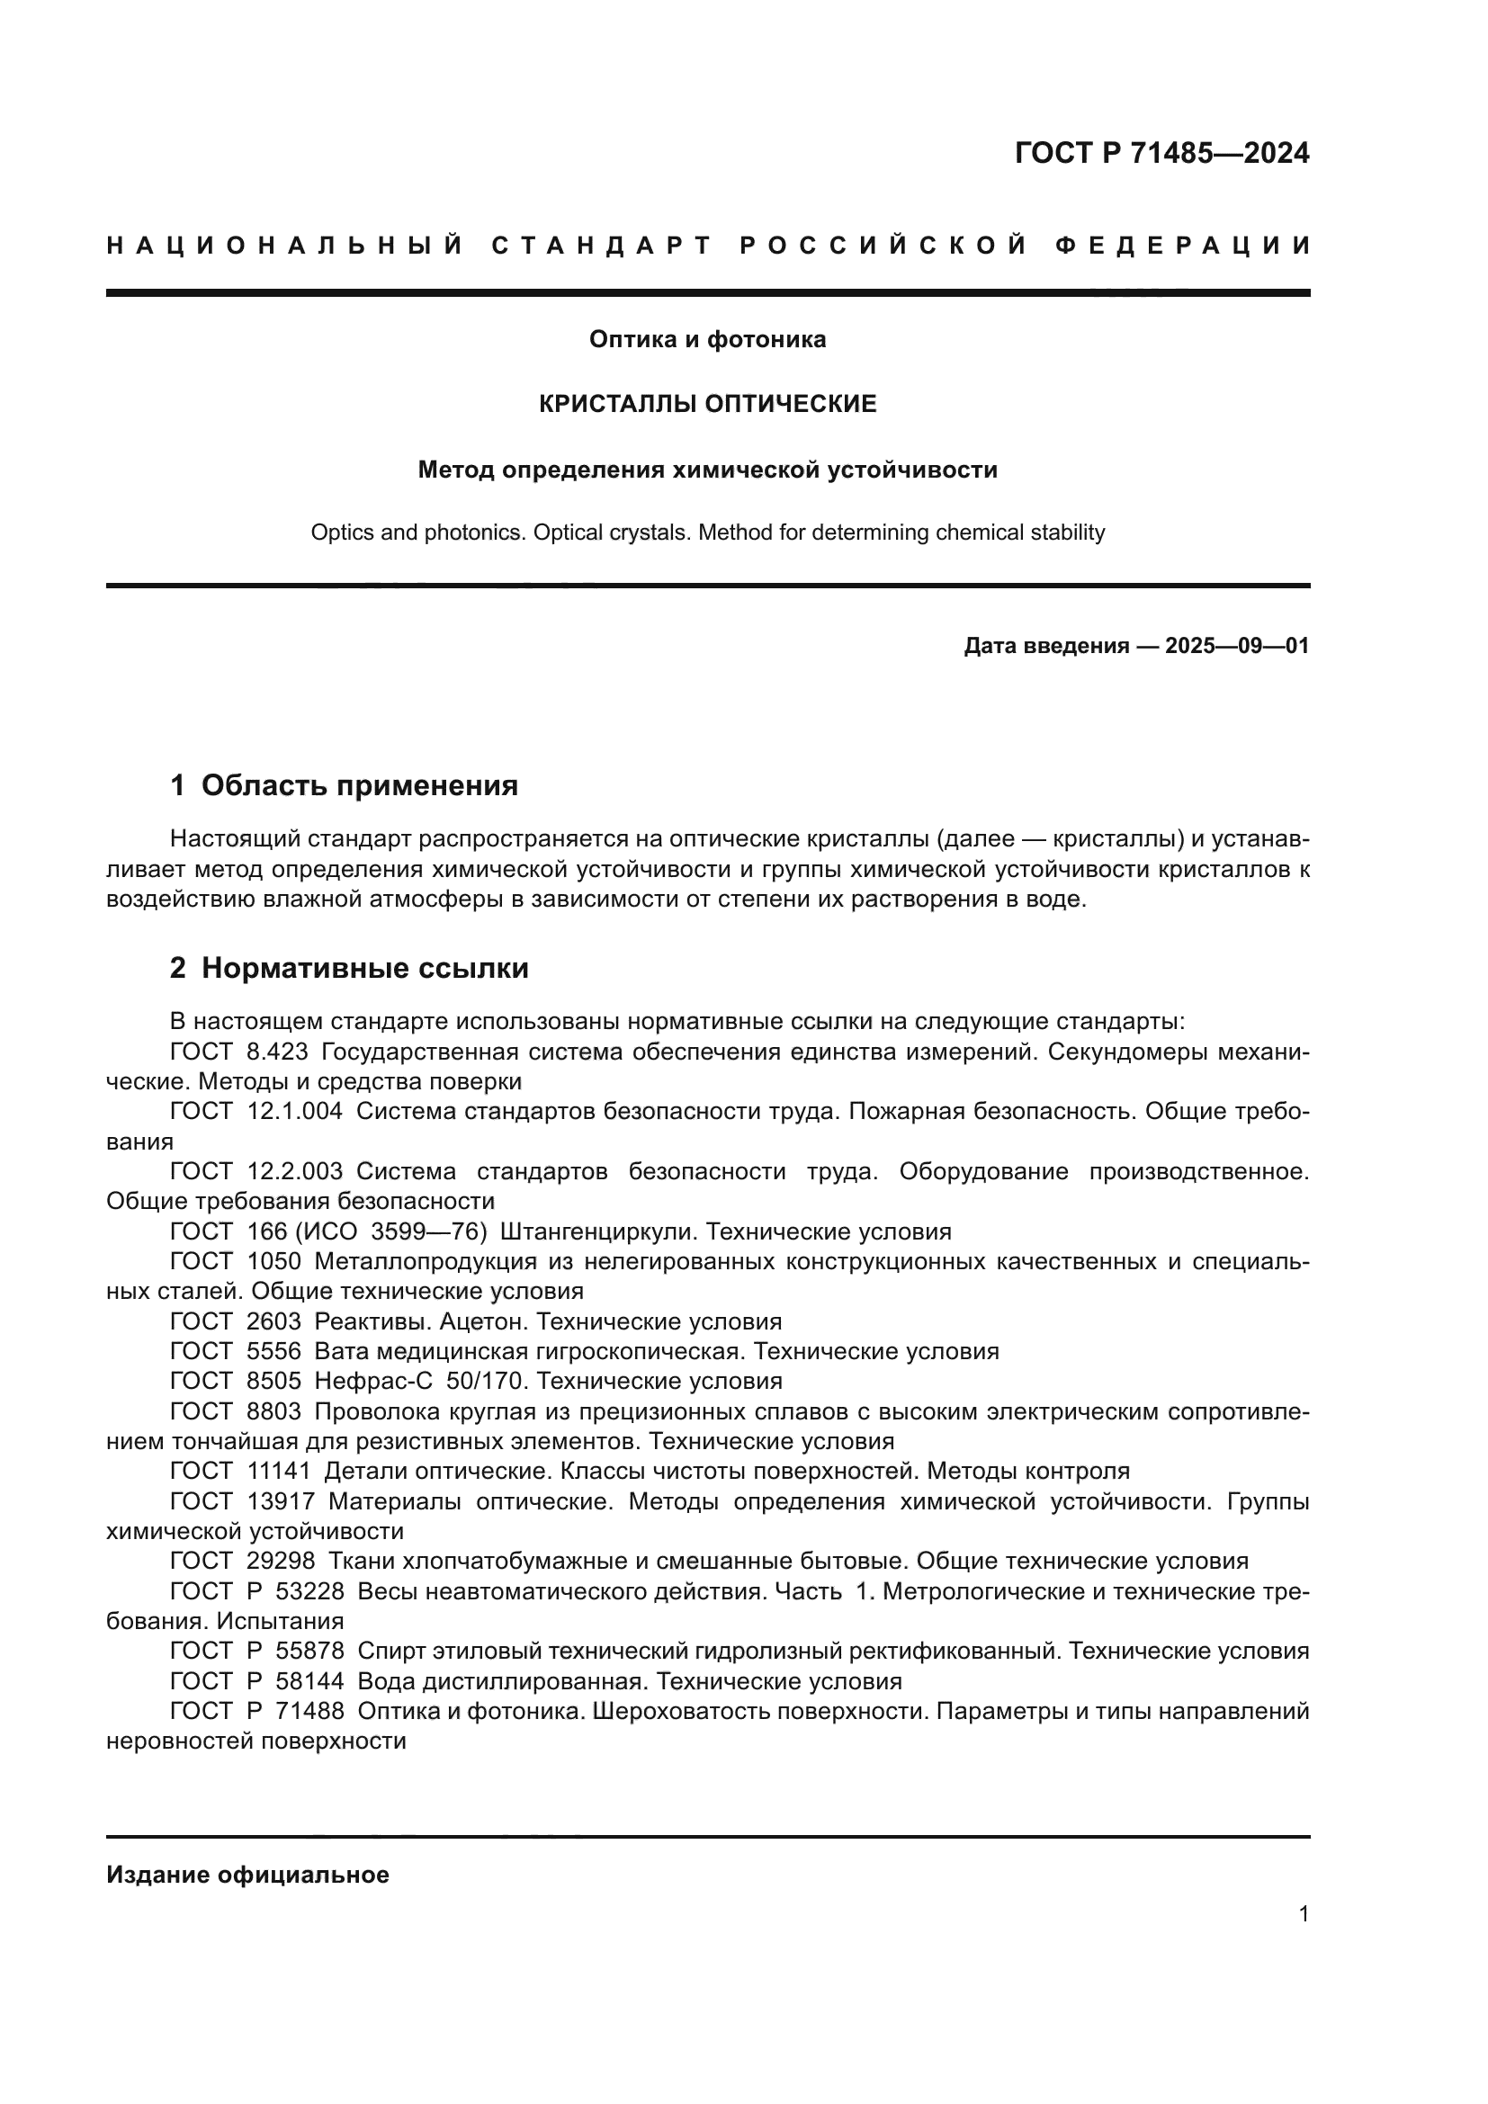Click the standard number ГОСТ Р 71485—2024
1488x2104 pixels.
point(1161,153)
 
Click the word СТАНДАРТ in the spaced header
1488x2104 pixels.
point(602,246)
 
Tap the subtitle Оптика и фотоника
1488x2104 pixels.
point(707,339)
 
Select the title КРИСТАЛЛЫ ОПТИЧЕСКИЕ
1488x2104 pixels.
point(707,404)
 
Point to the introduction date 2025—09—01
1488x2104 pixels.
point(1237,646)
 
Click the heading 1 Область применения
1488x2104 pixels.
point(344,785)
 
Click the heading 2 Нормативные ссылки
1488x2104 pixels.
point(349,968)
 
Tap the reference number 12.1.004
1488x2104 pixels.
point(295,1112)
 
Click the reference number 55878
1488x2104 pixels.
point(309,1651)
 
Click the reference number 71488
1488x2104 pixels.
point(309,1711)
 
